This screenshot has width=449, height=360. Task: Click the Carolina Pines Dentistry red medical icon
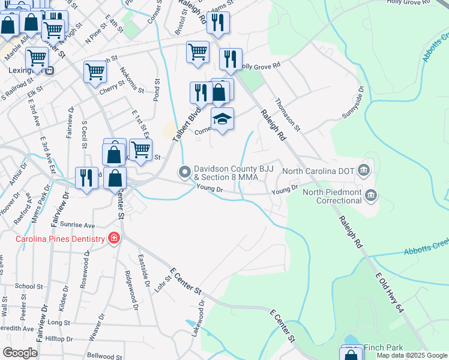tap(113, 239)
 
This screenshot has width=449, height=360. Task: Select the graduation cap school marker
tap(222, 120)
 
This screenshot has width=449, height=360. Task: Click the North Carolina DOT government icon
tap(363, 170)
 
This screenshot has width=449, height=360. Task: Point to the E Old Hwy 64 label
tap(388, 293)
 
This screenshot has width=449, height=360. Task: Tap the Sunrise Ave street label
tap(80, 225)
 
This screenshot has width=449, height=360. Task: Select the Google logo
tap(20, 352)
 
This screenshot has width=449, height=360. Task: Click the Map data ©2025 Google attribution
tap(411, 355)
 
